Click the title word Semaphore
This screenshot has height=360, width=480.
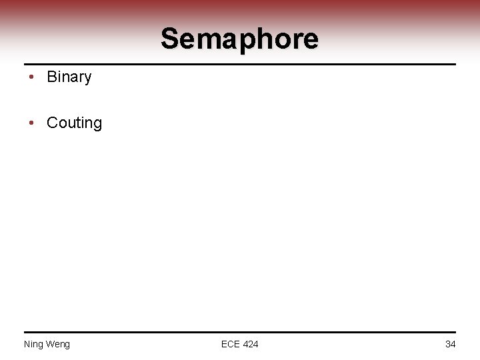(239, 39)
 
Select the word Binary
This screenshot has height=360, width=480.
(69, 77)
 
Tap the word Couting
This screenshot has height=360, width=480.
(74, 123)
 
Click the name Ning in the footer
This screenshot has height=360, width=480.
(33, 344)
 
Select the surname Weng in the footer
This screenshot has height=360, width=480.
(57, 344)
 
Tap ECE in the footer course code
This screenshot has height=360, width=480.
(231, 344)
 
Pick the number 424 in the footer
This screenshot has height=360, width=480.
(250, 344)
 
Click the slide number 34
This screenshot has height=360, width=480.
(450, 344)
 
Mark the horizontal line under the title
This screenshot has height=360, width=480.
(239, 64)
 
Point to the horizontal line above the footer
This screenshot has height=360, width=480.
(239, 332)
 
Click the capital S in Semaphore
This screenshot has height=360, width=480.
(170, 39)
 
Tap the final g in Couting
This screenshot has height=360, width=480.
(97, 125)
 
